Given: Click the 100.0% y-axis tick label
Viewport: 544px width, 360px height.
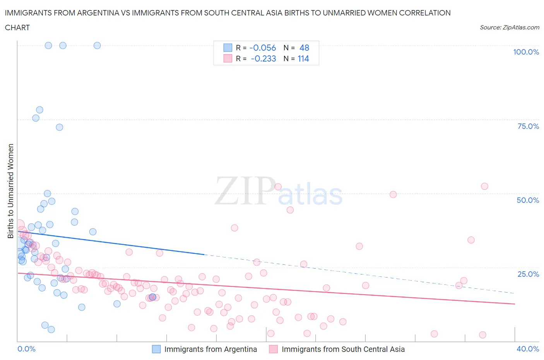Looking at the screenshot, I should (526, 52).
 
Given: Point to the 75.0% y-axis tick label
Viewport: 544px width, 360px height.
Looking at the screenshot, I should (528, 126).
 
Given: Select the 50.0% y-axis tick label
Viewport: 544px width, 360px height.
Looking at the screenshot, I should (528, 200).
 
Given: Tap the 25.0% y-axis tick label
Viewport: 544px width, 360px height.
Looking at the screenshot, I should (528, 274).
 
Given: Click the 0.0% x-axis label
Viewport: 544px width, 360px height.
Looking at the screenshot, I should (26, 349).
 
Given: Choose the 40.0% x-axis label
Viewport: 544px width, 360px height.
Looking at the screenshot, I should (528, 349).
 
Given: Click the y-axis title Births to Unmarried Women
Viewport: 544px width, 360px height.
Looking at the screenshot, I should (10, 191).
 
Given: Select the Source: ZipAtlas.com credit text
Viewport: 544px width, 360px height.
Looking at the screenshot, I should (509, 27).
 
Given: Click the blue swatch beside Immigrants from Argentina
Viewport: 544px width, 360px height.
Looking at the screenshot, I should (156, 349).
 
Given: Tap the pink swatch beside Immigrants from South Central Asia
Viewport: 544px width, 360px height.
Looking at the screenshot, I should (274, 349).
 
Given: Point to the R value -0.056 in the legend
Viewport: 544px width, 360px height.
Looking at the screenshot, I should (263, 48).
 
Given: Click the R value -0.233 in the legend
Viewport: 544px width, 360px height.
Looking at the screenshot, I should (263, 59).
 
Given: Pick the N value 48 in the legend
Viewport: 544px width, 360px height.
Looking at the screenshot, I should (304, 48).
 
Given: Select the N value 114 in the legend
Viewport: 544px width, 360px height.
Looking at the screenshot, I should (303, 59).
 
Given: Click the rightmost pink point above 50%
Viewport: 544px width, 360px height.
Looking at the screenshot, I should (484, 186).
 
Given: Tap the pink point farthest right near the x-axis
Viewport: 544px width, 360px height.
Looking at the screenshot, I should (482, 335).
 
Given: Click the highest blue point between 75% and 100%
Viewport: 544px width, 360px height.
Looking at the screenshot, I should (39, 110).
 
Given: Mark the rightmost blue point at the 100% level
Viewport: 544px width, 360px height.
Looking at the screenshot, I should (97, 45).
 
